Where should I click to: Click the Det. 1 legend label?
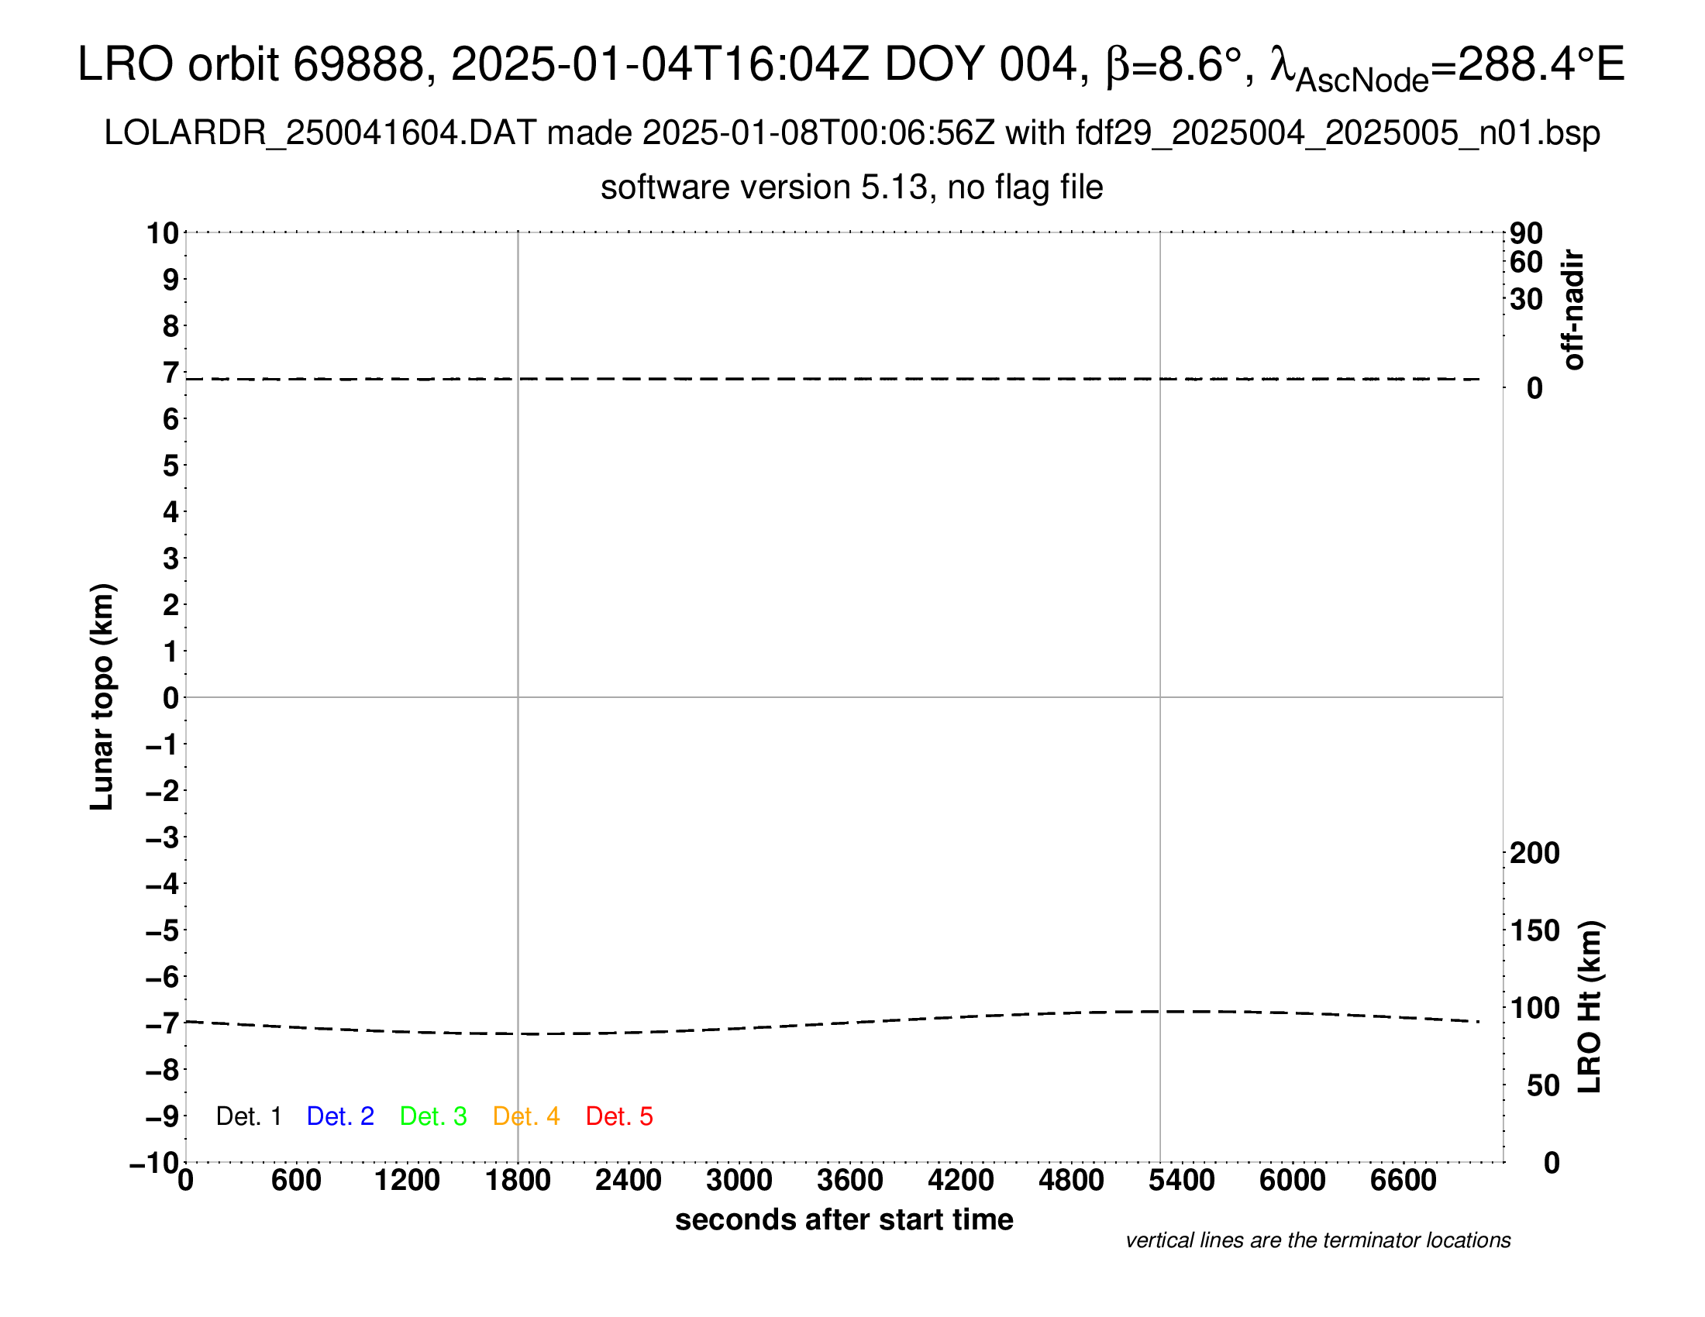[x=248, y=1116]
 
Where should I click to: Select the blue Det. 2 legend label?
[x=340, y=1116]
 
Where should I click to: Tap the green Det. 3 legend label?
[x=433, y=1116]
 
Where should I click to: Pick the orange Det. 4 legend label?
[x=526, y=1116]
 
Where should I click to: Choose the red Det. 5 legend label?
[x=619, y=1116]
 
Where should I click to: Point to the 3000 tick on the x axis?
[x=739, y=1181]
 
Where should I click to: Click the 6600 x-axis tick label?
[x=1403, y=1181]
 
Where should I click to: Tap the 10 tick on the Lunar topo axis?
[x=164, y=233]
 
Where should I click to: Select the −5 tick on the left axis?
[x=163, y=930]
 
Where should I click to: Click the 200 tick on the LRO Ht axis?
[x=1534, y=853]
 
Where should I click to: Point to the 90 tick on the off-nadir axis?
[x=1526, y=233]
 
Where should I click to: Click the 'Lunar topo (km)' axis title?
[x=102, y=696]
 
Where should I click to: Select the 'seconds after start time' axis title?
[x=844, y=1219]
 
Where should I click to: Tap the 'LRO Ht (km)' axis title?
[x=1590, y=1007]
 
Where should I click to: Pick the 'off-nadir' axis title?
[x=1573, y=310]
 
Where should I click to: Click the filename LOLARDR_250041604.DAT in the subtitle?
[x=320, y=133]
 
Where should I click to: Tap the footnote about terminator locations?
[x=1317, y=1240]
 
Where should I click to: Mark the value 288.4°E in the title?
[x=1541, y=64]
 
